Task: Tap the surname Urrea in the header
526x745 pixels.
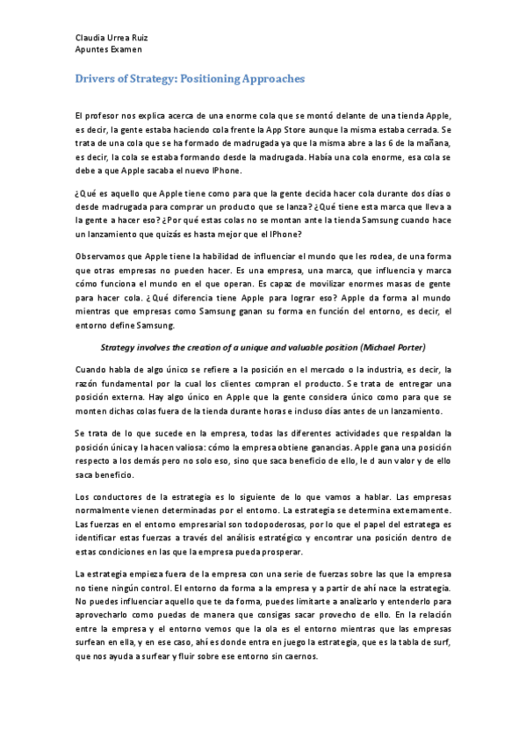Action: (x=116, y=39)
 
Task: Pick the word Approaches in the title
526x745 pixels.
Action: (x=274, y=79)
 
